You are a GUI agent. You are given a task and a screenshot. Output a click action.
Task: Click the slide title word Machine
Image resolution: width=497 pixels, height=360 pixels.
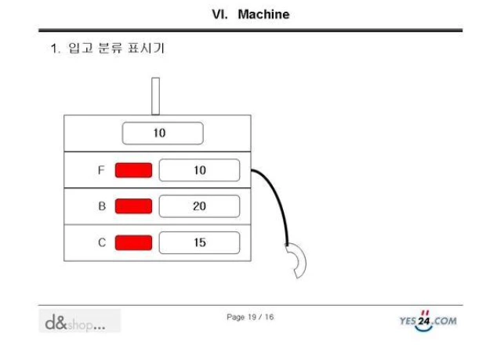(263, 14)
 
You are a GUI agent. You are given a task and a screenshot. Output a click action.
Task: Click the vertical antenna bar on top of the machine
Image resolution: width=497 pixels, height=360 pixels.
(155, 96)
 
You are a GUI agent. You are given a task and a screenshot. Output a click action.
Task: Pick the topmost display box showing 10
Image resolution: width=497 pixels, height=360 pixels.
(162, 133)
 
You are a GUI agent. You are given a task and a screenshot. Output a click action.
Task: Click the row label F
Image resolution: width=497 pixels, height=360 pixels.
(101, 170)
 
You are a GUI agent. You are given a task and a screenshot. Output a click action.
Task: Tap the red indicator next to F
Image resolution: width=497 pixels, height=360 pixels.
(133, 170)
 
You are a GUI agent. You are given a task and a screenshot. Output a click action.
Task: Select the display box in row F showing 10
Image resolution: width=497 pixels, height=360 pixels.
(199, 170)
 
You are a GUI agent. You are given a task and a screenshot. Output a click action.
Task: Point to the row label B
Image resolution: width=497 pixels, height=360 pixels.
(101, 206)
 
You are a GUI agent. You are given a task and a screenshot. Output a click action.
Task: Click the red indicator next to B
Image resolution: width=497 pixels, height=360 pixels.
(133, 206)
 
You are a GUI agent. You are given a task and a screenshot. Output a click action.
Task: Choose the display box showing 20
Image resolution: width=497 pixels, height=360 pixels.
(199, 206)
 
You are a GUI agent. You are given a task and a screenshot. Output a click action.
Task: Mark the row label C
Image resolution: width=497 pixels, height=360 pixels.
(101, 242)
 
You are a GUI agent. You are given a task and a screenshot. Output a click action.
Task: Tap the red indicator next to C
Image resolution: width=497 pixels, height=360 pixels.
(133, 242)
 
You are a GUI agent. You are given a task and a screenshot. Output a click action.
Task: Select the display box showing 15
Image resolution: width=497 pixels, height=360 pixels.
(199, 242)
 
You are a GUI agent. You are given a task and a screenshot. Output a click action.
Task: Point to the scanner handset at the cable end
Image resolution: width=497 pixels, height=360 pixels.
(298, 260)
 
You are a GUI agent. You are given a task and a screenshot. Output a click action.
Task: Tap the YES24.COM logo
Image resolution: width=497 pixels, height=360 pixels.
(428, 319)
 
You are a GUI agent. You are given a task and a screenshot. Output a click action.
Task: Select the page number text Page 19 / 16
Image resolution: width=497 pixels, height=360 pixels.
(249, 317)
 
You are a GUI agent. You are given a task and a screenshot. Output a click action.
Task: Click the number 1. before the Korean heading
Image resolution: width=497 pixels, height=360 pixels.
(55, 49)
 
